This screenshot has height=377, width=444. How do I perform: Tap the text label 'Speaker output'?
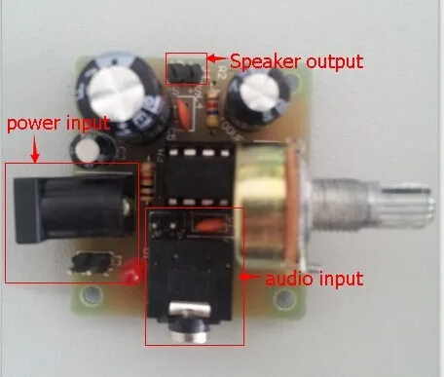click(x=297, y=61)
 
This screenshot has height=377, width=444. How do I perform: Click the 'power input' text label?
click(x=58, y=124)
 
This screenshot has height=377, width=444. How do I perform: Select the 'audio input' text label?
click(x=314, y=279)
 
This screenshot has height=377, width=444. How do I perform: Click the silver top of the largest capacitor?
click(x=116, y=94)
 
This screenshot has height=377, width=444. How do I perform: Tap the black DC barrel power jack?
click(x=74, y=208)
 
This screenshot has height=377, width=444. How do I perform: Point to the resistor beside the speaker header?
click(x=213, y=109)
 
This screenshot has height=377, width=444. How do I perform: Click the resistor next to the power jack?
click(x=148, y=183)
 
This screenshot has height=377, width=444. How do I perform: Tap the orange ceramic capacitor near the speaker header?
click(x=183, y=115)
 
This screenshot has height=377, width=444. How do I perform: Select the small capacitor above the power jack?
click(x=91, y=152)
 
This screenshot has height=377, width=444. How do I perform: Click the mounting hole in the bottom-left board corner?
click(x=90, y=295)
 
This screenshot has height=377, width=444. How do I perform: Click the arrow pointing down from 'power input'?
click(x=35, y=149)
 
